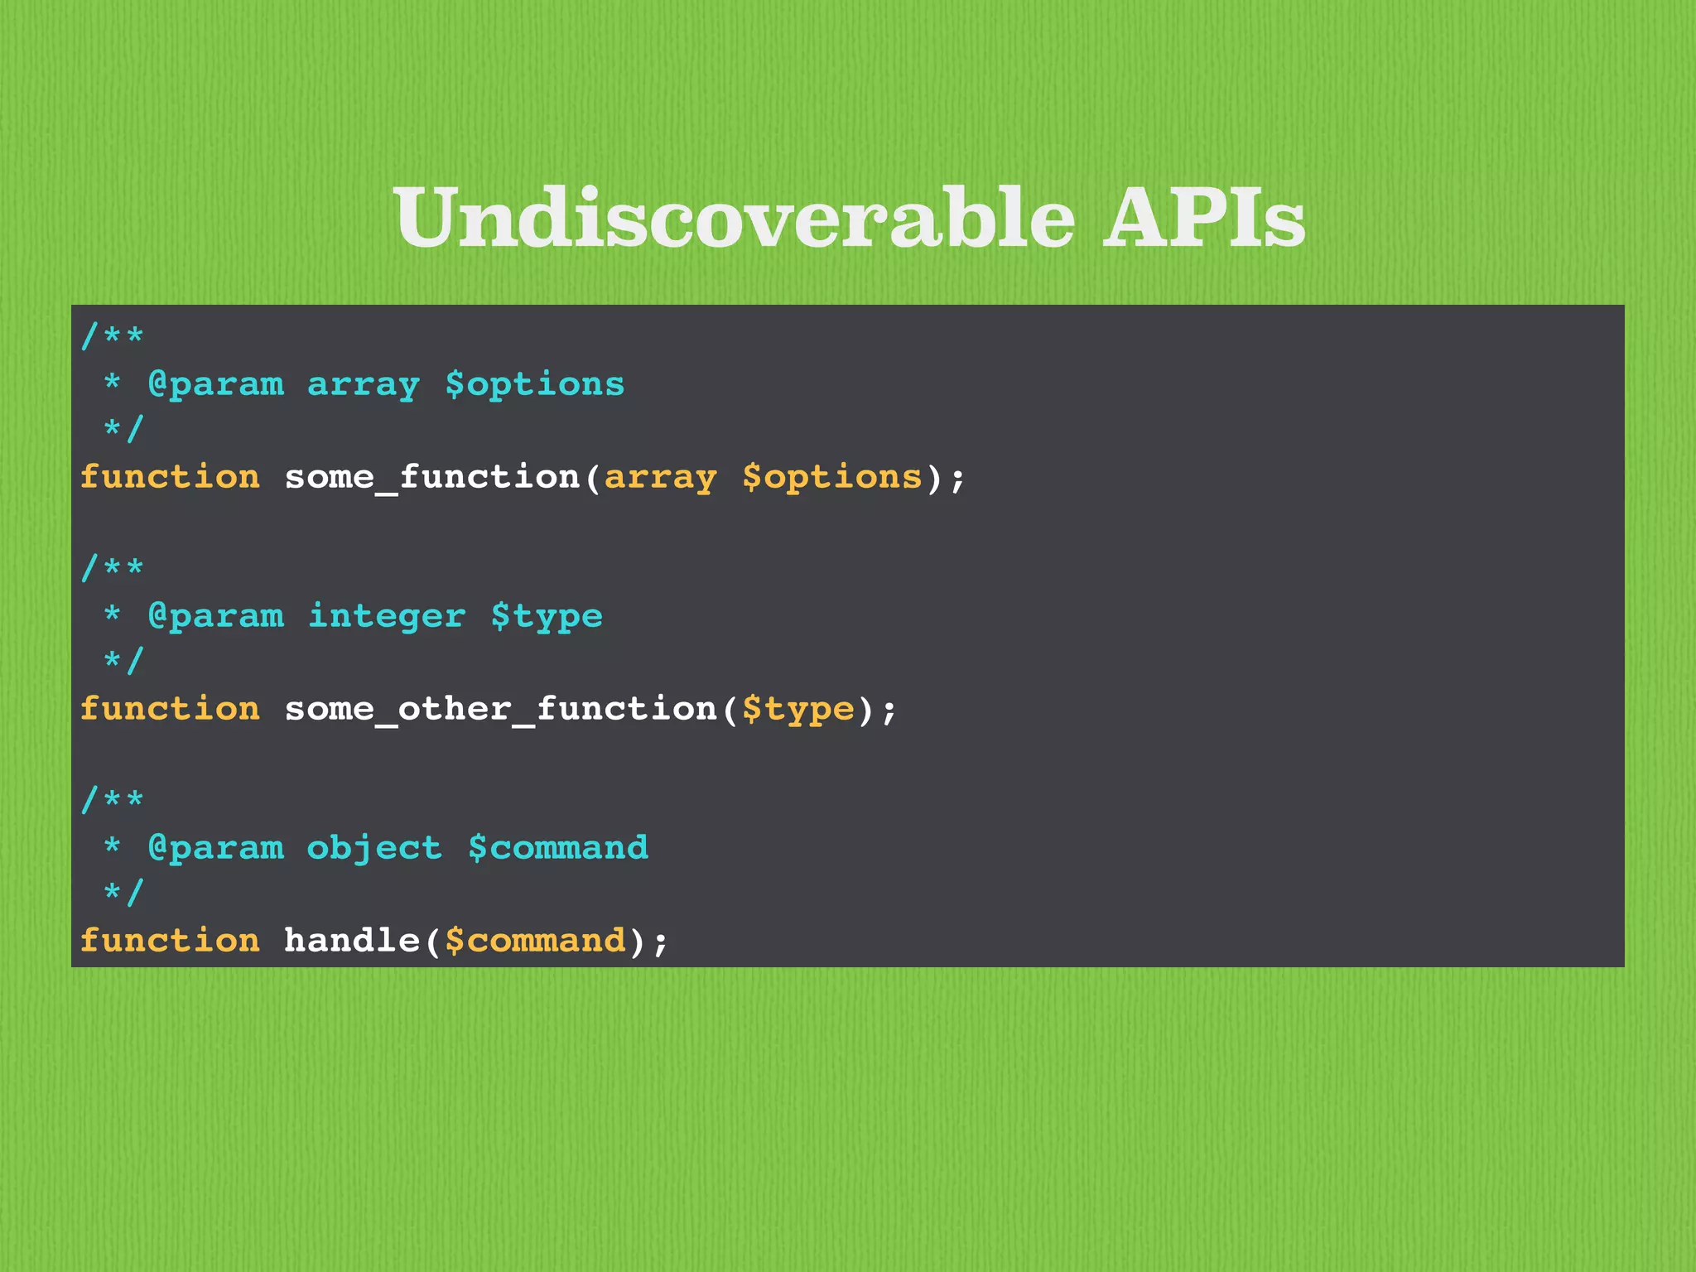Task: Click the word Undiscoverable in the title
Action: click(x=734, y=219)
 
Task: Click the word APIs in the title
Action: click(x=1204, y=219)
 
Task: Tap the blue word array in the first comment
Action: click(x=364, y=385)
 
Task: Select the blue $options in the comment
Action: click(x=535, y=385)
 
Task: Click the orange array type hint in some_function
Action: click(x=660, y=478)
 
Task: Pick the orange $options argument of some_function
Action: click(x=831, y=478)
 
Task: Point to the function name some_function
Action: click(x=431, y=478)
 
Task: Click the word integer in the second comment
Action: click(x=386, y=617)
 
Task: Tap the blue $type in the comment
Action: click(x=547, y=617)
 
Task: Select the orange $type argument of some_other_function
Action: click(x=797, y=710)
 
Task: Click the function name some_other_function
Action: click(x=500, y=710)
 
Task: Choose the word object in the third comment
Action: click(x=374, y=849)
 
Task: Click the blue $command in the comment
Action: click(x=558, y=849)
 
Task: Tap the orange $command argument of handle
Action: click(x=535, y=942)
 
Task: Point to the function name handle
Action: click(x=352, y=942)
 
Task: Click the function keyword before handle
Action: click(x=170, y=942)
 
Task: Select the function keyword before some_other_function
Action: click(x=170, y=710)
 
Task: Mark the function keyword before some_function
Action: click(x=170, y=478)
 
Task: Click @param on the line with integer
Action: click(x=215, y=617)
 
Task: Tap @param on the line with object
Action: click(x=215, y=849)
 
